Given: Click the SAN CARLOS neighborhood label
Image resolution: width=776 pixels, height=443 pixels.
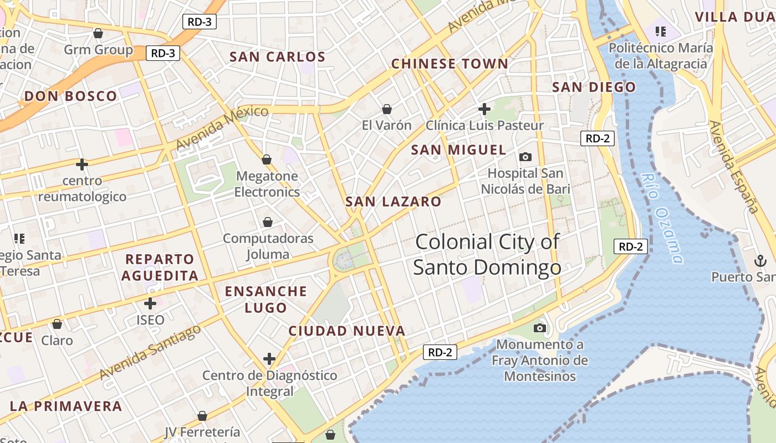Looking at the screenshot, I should (x=277, y=57).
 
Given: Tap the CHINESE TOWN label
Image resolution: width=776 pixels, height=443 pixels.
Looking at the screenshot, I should (x=450, y=64).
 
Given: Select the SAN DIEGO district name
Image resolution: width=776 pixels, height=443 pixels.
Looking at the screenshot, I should (x=594, y=87).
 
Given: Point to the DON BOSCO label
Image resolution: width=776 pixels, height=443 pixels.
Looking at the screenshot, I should (x=70, y=96).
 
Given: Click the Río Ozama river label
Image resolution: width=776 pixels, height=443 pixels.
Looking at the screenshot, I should (x=662, y=218).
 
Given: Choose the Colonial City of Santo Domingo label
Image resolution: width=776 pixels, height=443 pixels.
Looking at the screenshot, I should (x=487, y=255).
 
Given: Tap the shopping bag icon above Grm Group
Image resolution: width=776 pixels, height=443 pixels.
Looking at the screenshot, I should (x=98, y=33).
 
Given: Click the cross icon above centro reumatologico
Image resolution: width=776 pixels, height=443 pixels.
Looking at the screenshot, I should (x=82, y=164).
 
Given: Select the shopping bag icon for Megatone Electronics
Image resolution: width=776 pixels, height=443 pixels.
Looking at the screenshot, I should (x=267, y=159).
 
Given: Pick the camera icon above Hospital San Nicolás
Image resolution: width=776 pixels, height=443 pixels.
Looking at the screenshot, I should (x=525, y=157).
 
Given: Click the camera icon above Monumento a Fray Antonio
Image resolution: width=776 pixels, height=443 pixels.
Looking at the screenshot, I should (x=539, y=328).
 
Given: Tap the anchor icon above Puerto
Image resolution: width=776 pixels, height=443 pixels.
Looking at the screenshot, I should (x=759, y=260).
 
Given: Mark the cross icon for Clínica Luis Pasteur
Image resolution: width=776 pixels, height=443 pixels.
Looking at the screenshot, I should (x=484, y=109).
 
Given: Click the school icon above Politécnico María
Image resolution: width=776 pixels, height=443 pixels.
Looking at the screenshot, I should (x=660, y=31).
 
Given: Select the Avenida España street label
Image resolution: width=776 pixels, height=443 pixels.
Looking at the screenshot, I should (x=733, y=167).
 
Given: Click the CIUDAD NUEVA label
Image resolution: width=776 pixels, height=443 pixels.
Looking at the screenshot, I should (x=347, y=331).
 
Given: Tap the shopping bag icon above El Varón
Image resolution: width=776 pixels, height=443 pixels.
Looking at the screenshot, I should (x=386, y=109).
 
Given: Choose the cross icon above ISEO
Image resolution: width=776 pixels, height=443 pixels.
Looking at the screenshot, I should (x=150, y=303).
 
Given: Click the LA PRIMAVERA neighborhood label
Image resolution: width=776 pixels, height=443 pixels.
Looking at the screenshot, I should (x=65, y=406).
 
